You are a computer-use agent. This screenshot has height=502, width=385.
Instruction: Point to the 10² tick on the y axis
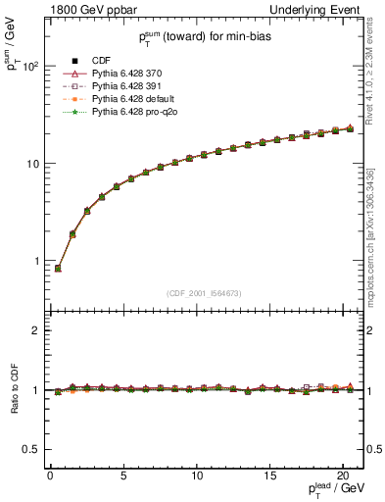point(31,67)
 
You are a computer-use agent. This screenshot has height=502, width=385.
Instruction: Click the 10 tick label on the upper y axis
point(34,164)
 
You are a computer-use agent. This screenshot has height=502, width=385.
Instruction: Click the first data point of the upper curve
point(58,268)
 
